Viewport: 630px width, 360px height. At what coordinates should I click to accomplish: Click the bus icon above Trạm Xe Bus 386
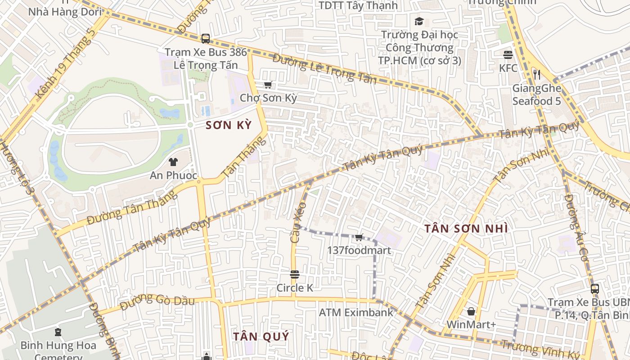(x=206, y=39)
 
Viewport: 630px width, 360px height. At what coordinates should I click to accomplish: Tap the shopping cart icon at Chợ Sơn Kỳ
(x=268, y=85)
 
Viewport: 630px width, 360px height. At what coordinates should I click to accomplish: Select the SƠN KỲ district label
(x=228, y=126)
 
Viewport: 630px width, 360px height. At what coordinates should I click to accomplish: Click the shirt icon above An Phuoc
(x=173, y=162)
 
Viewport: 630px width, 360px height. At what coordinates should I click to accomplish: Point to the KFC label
(x=508, y=68)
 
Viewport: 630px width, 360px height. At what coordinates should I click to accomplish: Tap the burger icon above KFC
(x=508, y=55)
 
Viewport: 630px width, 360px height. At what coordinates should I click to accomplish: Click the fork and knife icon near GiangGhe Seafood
(x=536, y=74)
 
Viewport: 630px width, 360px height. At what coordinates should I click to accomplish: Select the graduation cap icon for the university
(x=419, y=21)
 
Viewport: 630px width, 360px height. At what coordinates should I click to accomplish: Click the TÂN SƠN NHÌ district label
(x=466, y=229)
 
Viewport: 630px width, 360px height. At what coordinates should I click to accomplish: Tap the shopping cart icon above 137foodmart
(x=359, y=237)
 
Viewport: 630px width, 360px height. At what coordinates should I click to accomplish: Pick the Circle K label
(x=295, y=288)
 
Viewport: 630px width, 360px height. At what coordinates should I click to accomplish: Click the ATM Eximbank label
(x=356, y=312)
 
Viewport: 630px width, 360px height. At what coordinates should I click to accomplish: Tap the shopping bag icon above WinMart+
(x=471, y=311)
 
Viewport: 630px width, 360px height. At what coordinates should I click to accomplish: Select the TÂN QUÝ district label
(x=261, y=336)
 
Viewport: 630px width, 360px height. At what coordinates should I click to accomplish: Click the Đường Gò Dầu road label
(x=158, y=301)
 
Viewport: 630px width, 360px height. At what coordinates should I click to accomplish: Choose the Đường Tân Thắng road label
(x=131, y=208)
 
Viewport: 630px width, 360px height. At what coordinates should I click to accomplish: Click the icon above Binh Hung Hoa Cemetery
(x=58, y=333)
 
